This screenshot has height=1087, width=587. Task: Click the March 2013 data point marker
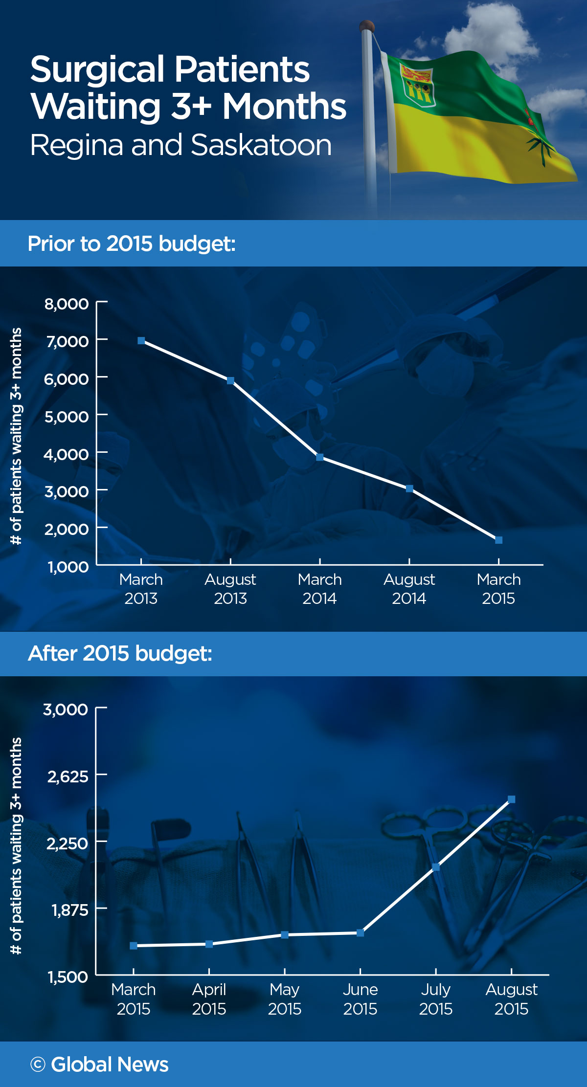pos(141,341)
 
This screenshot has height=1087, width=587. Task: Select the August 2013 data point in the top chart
pos(230,380)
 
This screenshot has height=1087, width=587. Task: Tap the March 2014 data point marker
pos(320,457)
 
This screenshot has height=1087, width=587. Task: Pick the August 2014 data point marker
pos(409,488)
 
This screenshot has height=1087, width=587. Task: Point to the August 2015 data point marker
pos(511,799)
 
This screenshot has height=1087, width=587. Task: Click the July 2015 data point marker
pos(436,867)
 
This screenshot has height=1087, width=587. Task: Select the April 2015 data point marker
pos(209,944)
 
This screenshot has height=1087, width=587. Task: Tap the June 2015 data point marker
pos(360,933)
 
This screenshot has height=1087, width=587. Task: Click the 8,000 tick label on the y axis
pos(67,304)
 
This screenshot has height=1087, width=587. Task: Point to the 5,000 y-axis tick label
pos(67,417)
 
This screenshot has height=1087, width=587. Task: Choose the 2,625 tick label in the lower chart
pos(68,776)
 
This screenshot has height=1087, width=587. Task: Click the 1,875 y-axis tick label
pos(70,910)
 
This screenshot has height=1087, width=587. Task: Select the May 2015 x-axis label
pos(284,999)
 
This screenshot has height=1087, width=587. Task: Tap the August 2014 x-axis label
pos(409,589)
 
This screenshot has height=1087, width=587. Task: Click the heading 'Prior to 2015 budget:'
pos(132,244)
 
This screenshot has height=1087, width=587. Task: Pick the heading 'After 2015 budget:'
pos(120,653)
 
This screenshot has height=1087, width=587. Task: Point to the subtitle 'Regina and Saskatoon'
pos(181,145)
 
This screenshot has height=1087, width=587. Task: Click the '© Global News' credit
pos(99,1065)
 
